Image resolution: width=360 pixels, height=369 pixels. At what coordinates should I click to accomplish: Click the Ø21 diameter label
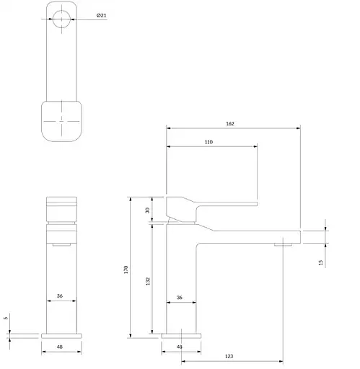tap(101, 15)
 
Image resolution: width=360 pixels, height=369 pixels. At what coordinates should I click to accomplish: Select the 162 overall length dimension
tap(230, 123)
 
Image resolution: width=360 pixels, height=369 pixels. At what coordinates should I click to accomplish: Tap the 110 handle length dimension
tap(208, 142)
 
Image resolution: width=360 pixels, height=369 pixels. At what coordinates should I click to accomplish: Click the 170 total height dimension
tap(126, 270)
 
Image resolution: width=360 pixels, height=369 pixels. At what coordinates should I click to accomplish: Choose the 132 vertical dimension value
tap(147, 280)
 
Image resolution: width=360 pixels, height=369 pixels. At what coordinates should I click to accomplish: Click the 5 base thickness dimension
tap(6, 318)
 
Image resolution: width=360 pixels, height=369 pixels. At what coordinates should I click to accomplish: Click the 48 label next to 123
tap(180, 347)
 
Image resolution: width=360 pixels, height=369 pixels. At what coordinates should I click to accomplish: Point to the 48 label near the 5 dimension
tap(61, 347)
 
